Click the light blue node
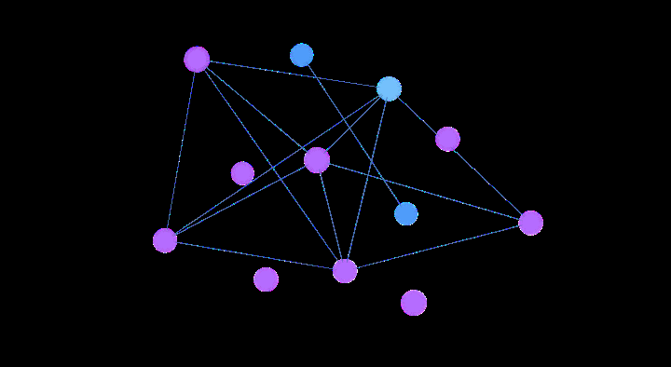pos(389,88)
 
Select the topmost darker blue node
pos(301,55)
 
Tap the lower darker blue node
pos(405,213)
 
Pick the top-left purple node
pos(197,60)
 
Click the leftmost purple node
pos(165,240)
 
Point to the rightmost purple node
pos(530,223)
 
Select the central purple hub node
pos(317,160)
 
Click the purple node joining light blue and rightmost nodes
pos(447,139)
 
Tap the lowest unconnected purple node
pos(414,303)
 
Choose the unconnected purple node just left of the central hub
pos(242,173)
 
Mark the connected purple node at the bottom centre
pos(345,271)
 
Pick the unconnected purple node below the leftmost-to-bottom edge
pos(266,279)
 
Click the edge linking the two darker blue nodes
pos(353,134)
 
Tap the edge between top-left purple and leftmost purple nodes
pos(181,150)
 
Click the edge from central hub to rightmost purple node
pos(424,192)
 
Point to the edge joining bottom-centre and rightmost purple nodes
pos(438,247)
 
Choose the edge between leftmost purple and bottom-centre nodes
pos(254,255)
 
